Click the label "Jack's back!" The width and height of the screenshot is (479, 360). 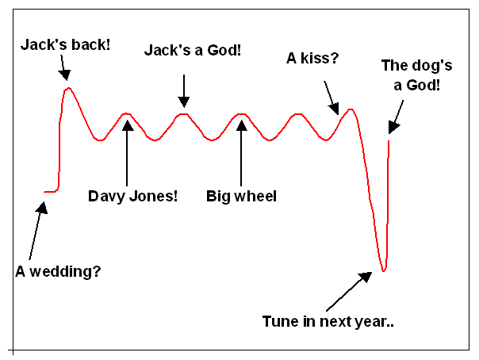click(65, 44)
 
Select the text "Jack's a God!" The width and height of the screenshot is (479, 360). click(193, 50)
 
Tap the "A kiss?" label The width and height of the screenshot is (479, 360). click(312, 58)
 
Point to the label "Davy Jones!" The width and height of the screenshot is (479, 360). click(132, 196)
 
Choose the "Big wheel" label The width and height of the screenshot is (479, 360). click(241, 196)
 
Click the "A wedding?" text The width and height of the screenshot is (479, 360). click(58, 271)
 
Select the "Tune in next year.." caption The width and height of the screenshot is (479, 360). click(328, 321)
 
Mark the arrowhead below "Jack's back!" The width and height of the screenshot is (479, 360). click(65, 75)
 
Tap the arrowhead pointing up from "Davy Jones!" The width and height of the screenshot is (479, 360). click(128, 125)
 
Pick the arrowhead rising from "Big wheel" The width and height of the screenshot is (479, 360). click(241, 125)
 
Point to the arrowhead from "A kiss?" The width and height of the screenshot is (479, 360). click(334, 109)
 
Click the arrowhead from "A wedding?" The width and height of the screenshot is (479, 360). click(42, 208)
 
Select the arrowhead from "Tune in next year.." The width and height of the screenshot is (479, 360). click(366, 277)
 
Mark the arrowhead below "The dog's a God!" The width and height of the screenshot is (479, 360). click(393, 127)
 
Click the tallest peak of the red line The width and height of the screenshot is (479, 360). click(68, 88)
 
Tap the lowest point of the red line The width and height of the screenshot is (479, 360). click(384, 270)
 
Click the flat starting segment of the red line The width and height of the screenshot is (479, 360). click(50, 192)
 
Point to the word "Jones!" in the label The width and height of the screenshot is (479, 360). click(153, 196)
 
